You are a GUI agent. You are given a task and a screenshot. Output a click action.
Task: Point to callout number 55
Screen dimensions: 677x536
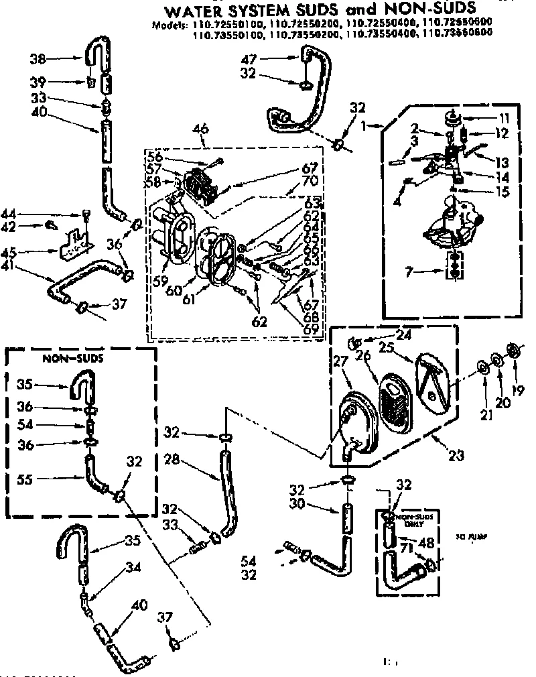tap(25, 479)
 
